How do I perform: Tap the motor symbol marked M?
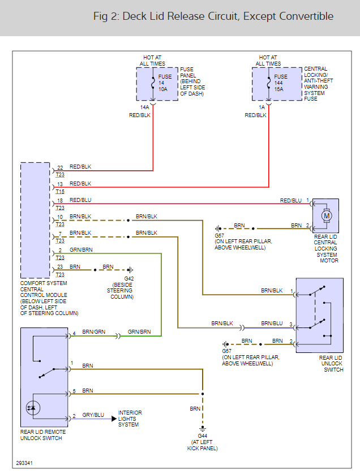pos(326,215)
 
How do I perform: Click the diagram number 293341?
pos(24,463)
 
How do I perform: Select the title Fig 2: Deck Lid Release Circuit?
pos(213,16)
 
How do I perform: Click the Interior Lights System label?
pos(130,419)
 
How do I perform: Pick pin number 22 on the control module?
pos(60,168)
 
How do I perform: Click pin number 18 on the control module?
pos(60,201)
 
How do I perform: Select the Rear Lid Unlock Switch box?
pos(319,315)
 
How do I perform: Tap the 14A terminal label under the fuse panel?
pos(145,107)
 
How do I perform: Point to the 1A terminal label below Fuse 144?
pos(262,107)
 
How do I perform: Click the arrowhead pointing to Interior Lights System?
pos(113,419)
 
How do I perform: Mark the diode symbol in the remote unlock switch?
pos(32,408)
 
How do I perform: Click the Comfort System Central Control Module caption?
pos(49,298)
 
